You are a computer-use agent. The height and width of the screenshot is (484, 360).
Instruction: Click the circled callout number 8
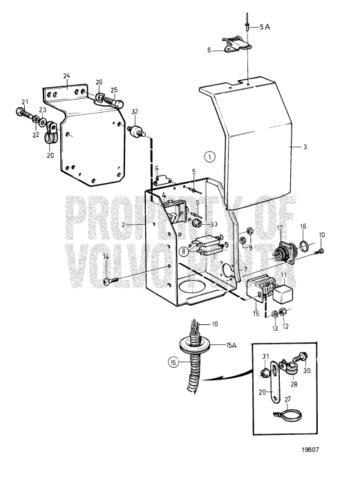[183, 251]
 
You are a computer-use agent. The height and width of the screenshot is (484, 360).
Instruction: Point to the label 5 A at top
[265, 26]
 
